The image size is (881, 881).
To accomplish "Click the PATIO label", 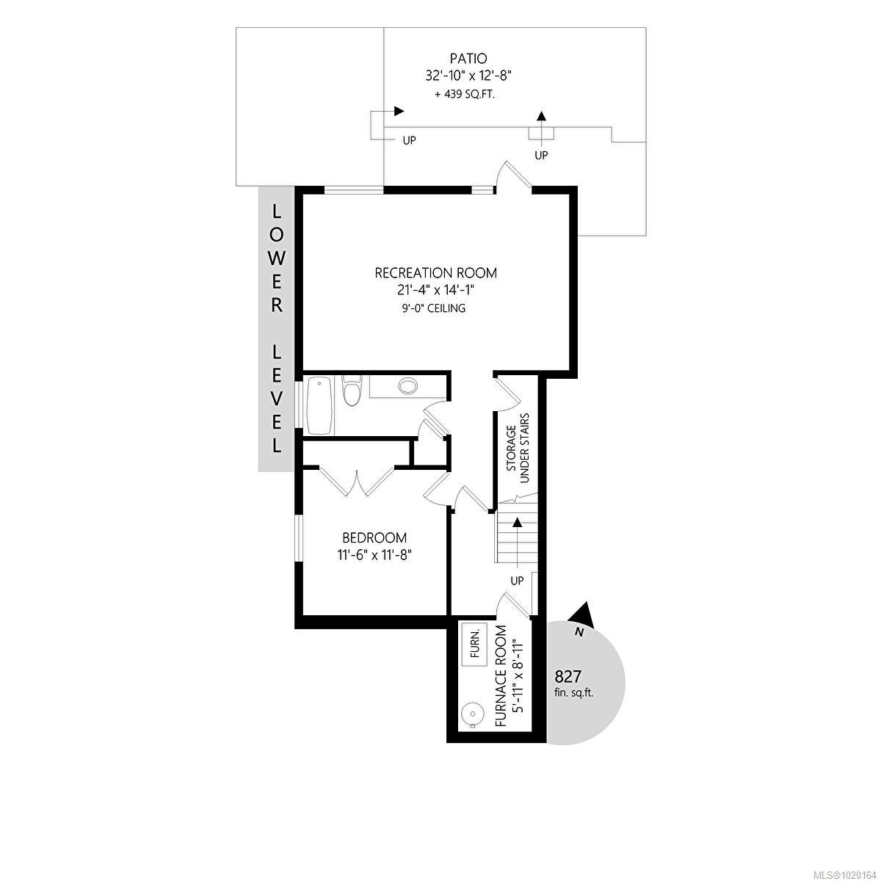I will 468,58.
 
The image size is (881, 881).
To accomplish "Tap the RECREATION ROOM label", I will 435,273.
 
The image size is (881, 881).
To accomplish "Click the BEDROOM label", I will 374,538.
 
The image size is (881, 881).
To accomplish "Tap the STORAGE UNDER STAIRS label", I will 518,448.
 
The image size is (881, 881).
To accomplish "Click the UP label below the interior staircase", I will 517,580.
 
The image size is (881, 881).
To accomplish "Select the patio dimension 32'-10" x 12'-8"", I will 468,75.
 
